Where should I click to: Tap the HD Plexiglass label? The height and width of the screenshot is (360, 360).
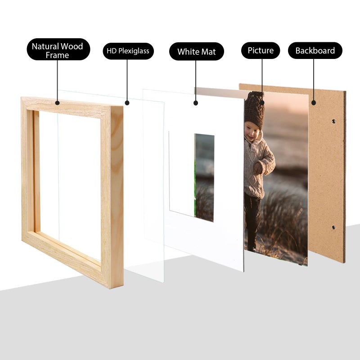pos(128,51)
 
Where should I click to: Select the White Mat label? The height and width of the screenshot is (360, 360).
pos(196,51)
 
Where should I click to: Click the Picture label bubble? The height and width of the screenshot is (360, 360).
pos(261,50)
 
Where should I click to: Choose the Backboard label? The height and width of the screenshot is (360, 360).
pos(315,50)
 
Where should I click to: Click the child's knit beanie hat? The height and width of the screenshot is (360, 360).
pos(255,109)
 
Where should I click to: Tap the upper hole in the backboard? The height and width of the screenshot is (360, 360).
pos(333,121)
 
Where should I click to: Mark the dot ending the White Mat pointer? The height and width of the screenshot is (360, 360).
pos(196,103)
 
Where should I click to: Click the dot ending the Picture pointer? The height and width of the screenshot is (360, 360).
pos(262,103)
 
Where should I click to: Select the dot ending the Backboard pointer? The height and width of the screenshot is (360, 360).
pos(314,103)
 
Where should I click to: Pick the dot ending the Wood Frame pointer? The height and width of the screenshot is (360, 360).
pos(57,103)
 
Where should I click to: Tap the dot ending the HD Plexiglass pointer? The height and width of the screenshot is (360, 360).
pos(127,103)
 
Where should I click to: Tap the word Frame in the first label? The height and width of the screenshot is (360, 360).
pos(57,55)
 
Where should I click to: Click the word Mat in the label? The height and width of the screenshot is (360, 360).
pos(208,51)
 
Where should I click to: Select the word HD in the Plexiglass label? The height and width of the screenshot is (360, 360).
pos(111,51)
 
